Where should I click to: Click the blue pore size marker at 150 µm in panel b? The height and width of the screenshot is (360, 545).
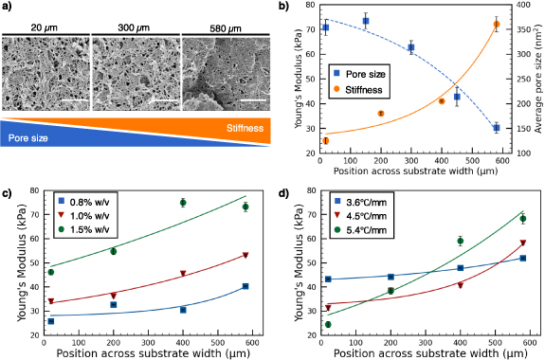(x=366, y=21)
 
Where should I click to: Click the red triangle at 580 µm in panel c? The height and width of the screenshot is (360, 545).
(x=245, y=255)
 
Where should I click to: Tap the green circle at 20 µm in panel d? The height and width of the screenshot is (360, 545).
(x=328, y=324)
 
